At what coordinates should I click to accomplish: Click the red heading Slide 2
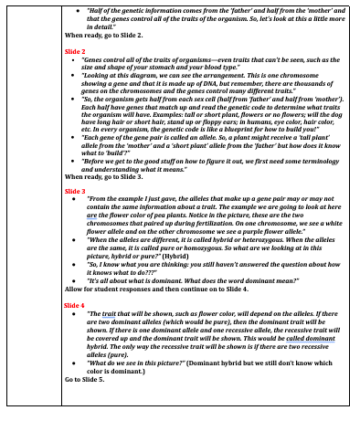(x=76, y=54)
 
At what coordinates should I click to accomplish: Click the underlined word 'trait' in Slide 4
(x=112, y=312)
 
